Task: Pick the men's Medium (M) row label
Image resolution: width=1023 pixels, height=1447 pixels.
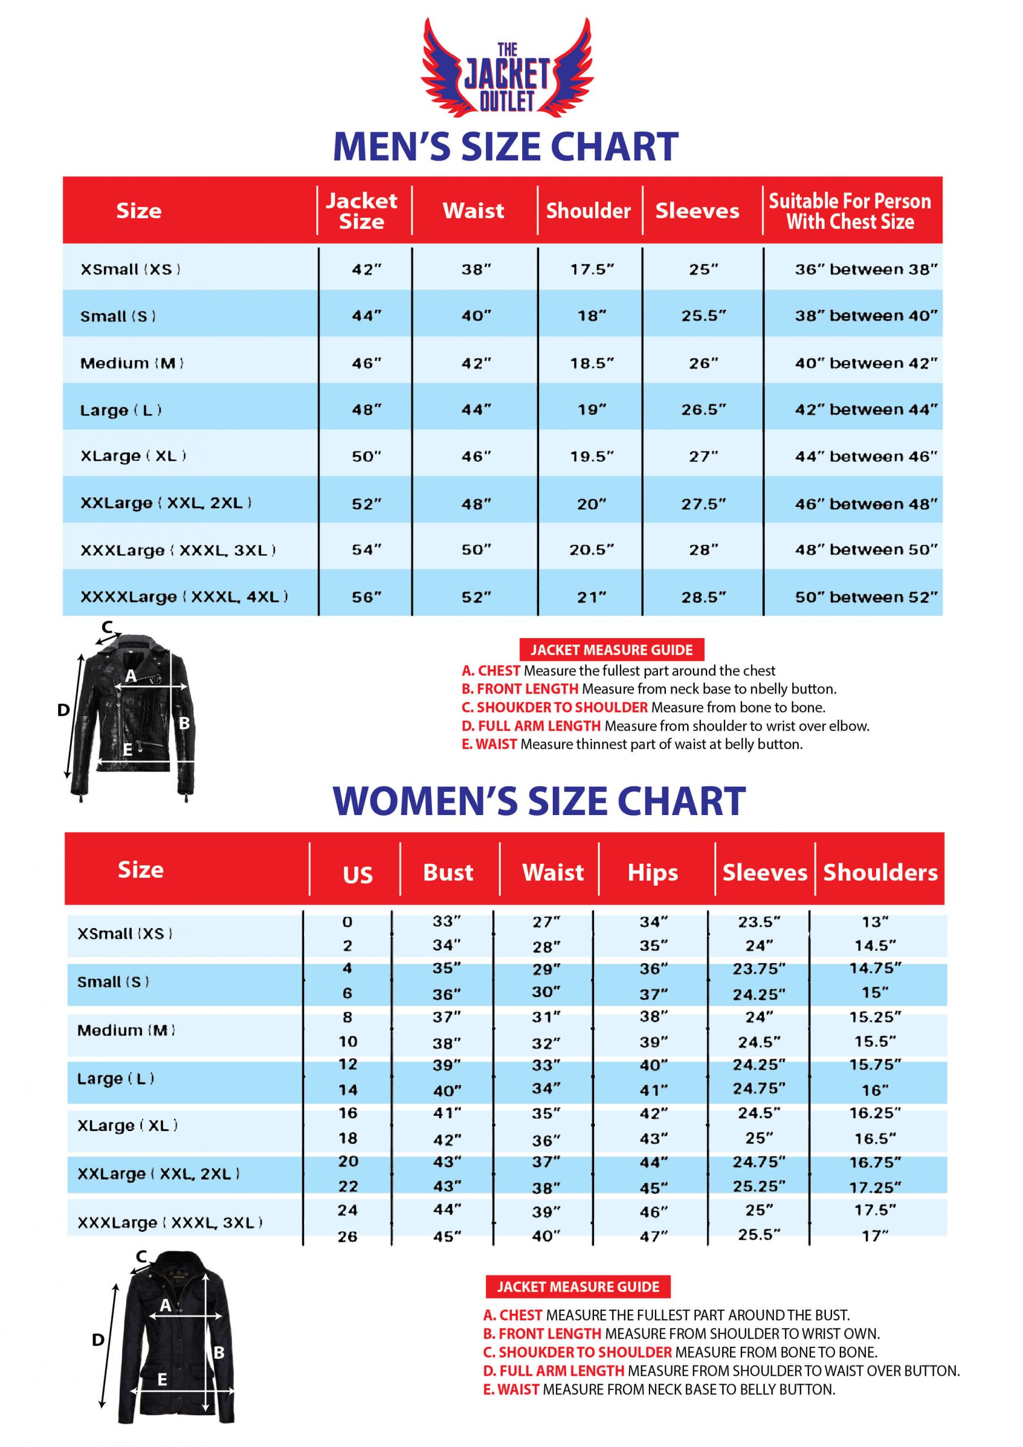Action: point(132,363)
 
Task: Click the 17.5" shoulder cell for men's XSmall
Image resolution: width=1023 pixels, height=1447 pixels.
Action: point(592,269)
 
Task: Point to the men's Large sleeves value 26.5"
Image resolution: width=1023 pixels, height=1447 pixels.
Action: point(704,410)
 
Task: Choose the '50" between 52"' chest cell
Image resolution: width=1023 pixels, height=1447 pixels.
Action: point(866,597)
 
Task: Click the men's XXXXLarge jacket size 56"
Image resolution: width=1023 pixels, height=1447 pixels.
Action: point(366,597)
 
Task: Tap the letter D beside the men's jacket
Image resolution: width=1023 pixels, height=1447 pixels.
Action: point(63,710)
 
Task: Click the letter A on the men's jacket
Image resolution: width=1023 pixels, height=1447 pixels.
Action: point(131,675)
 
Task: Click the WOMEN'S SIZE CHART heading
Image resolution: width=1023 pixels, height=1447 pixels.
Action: point(539,802)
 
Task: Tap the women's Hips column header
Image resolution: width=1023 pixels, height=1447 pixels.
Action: point(652,873)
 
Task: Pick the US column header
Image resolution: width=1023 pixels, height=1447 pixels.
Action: point(357,875)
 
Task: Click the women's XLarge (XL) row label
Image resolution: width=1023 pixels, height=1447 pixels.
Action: point(127,1125)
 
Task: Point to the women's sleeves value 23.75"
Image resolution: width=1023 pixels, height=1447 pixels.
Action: point(759,969)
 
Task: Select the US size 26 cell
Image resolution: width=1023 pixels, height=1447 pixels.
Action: point(347,1237)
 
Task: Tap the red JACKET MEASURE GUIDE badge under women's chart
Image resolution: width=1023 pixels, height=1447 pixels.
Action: point(578,1287)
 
